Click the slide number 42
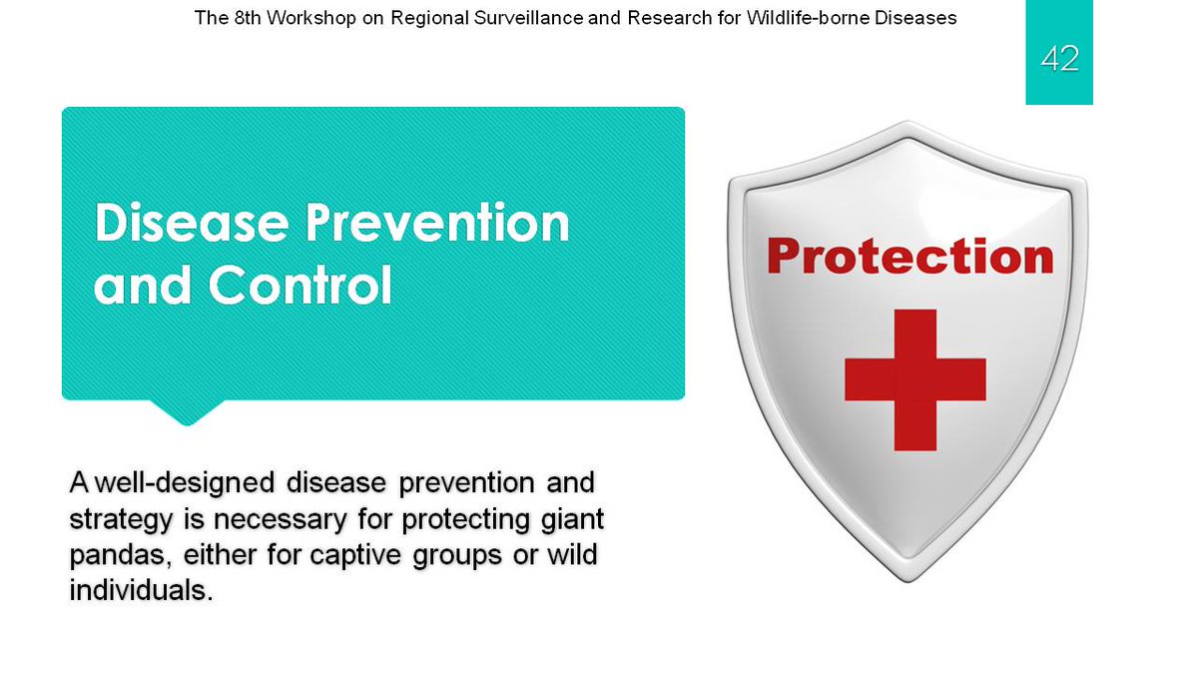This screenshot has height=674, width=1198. pos(1059,58)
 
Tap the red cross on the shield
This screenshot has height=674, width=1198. pos(915,379)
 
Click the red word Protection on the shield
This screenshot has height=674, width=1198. pos(910,257)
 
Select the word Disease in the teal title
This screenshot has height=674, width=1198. pos(192,223)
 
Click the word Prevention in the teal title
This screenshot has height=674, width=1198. pos(437,223)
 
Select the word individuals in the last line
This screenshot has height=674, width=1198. pos(141,590)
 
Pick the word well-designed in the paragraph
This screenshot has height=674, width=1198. pos(186,482)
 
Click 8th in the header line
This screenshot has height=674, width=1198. pos(248,18)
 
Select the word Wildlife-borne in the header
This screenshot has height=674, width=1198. pos(808,18)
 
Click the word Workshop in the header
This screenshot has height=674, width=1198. pos(311,18)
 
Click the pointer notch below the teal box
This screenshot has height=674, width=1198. pos(187,411)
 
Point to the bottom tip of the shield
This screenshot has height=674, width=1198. pos(907,582)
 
